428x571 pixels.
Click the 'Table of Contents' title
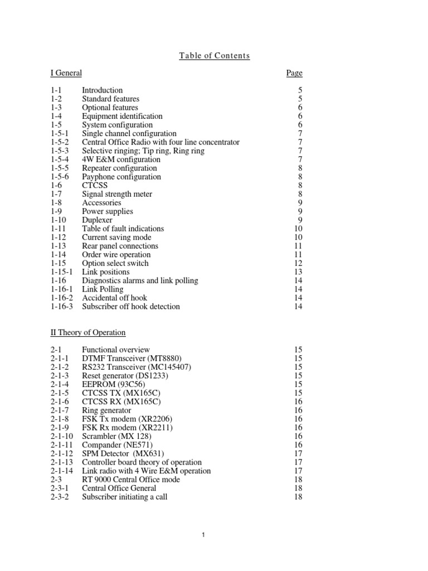pos(214,56)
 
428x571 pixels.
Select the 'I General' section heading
pos(66,73)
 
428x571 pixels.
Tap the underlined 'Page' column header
pos(294,73)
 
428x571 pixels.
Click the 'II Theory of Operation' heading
pos(88,333)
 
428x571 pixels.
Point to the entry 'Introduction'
pos(102,90)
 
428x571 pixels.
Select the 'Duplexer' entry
pos(97,220)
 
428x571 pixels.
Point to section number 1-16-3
pos(62,307)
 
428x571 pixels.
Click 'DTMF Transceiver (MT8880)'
pos(132,358)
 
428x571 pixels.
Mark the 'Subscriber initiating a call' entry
pos(124,497)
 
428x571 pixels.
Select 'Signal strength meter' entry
pos(117,194)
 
